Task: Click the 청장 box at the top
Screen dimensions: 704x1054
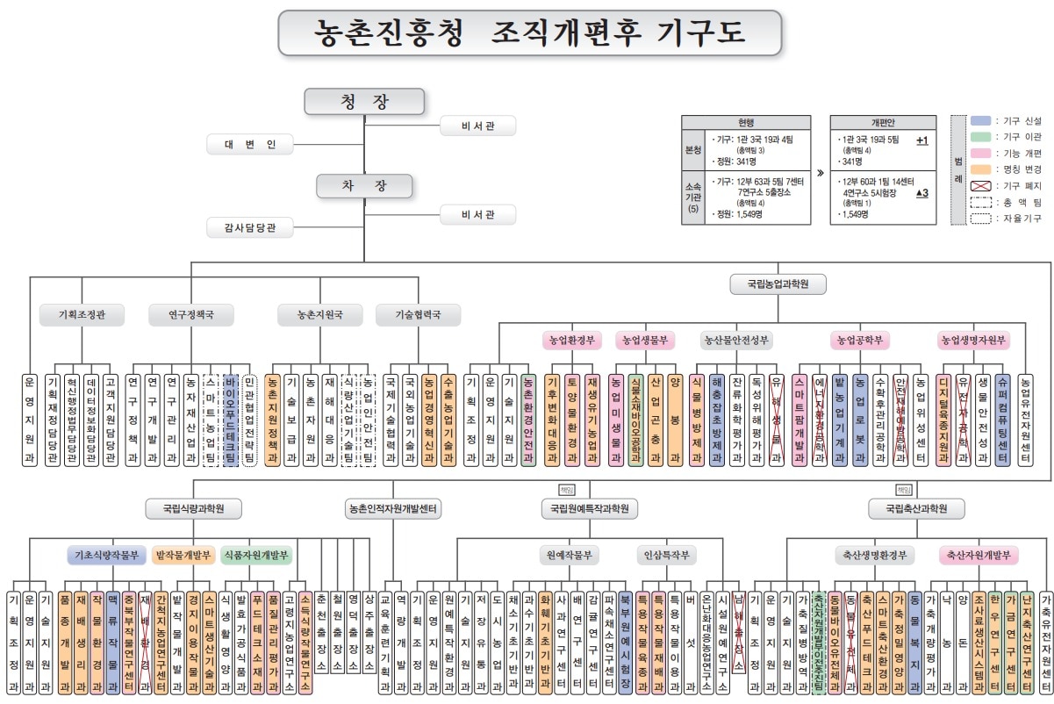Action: point(364,102)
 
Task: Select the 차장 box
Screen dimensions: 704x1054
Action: point(364,186)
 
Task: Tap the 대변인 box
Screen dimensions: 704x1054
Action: point(249,144)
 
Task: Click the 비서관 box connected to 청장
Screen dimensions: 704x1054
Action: point(477,126)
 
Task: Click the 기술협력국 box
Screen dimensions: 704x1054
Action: point(418,314)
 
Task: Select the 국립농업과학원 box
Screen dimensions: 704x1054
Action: point(778,284)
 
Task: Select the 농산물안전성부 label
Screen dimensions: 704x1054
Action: point(736,339)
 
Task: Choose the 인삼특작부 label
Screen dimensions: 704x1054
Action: point(667,555)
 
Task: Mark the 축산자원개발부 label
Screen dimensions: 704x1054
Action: point(979,555)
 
